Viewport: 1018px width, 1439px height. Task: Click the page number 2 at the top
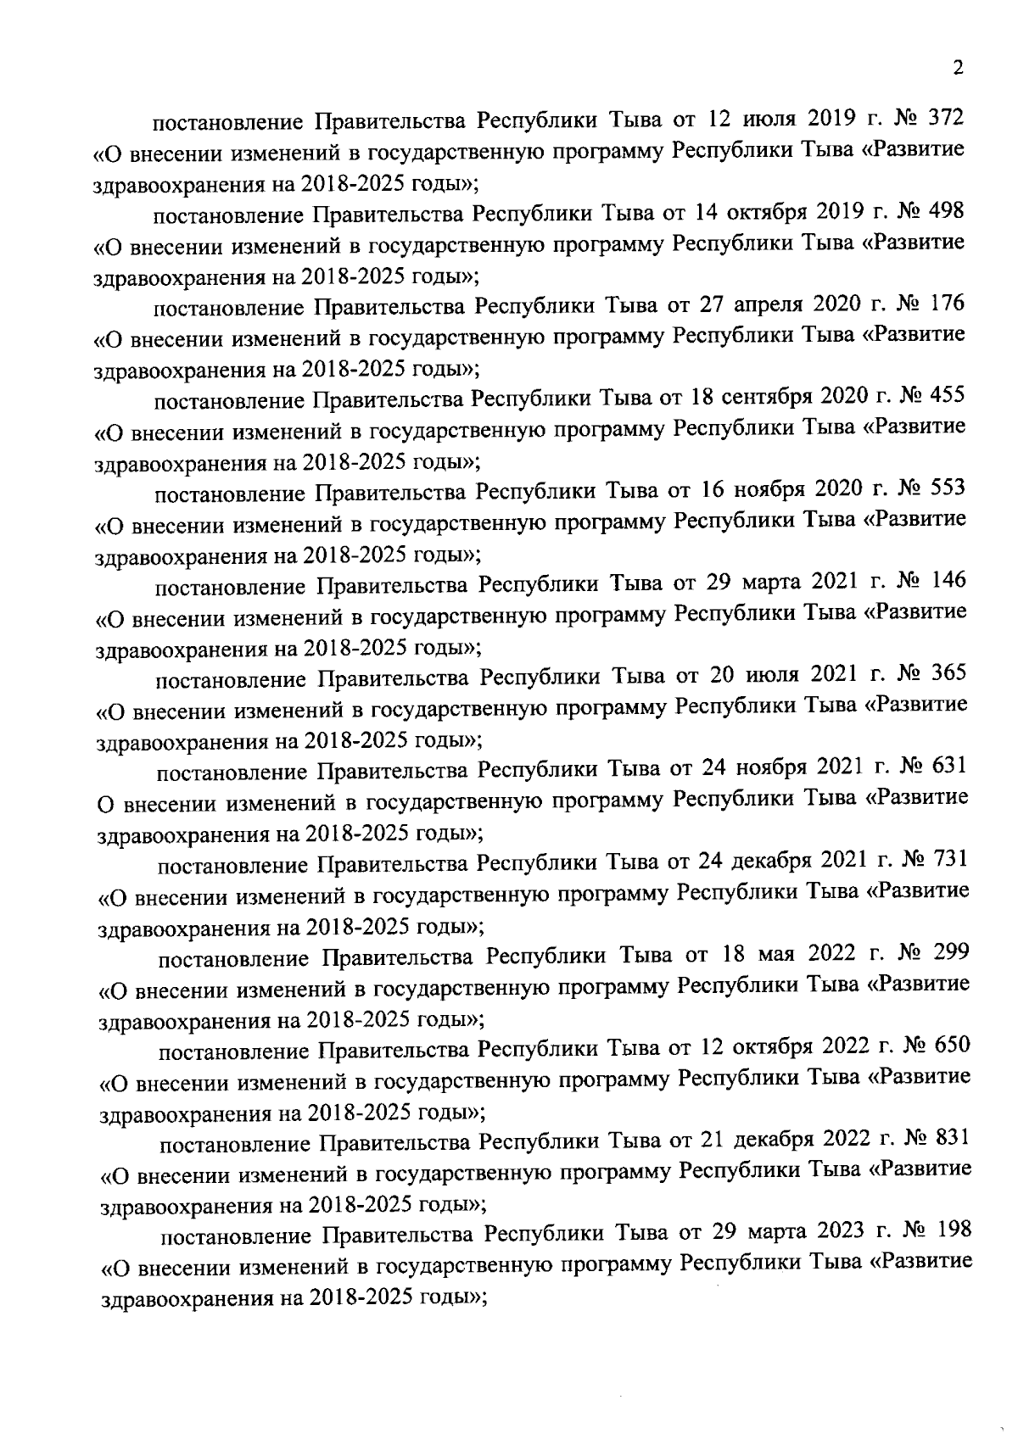pyautogui.click(x=958, y=69)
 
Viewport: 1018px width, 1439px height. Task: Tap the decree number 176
pyautogui.click(x=947, y=303)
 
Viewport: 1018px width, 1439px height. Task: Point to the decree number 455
pyautogui.click(x=948, y=395)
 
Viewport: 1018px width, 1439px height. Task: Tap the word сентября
pyautogui.click(x=768, y=397)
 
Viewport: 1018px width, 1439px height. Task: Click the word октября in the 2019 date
pyautogui.click(x=763, y=211)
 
